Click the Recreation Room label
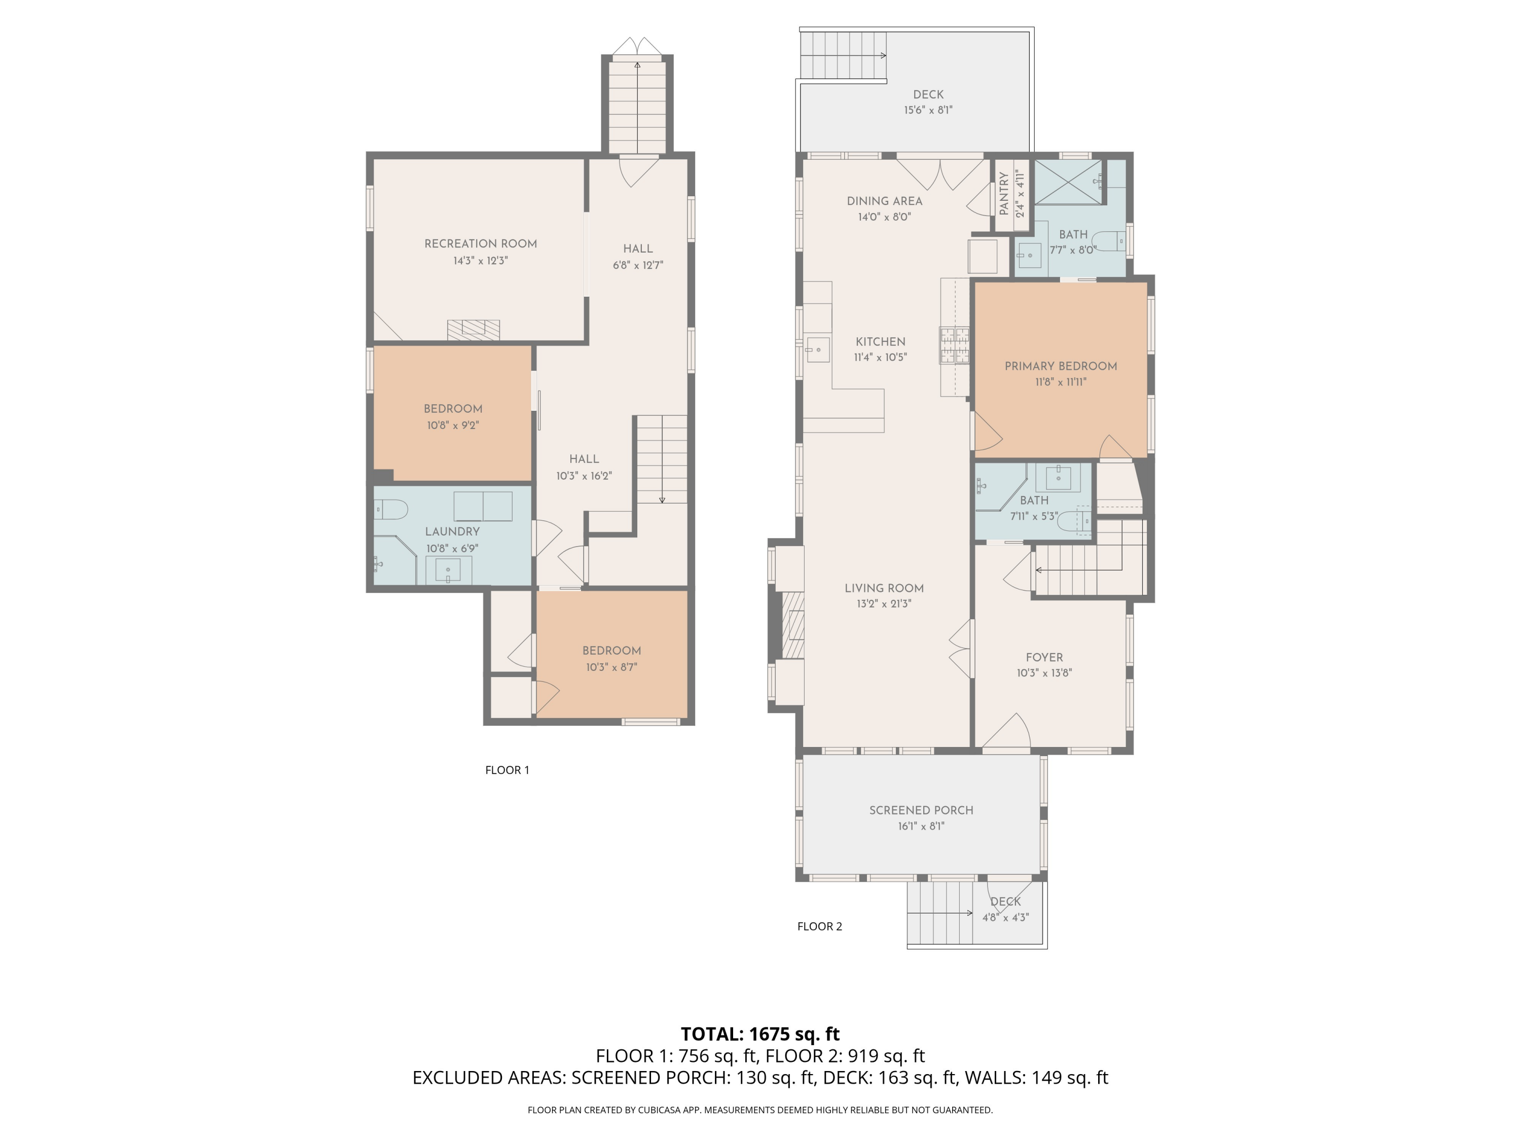pyautogui.click(x=480, y=243)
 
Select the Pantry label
pyautogui.click(x=1003, y=193)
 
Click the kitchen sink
pyautogui.click(x=818, y=350)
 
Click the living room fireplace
pyautogui.click(x=793, y=624)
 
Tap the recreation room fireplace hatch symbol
pyautogui.click(x=473, y=330)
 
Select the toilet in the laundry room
pyautogui.click(x=390, y=510)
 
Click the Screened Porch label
pyautogui.click(x=921, y=810)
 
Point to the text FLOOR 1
pyautogui.click(x=507, y=770)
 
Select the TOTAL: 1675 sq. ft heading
pyautogui.click(x=760, y=1033)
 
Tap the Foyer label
pyautogui.click(x=1044, y=658)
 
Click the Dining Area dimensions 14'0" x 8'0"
pyautogui.click(x=884, y=217)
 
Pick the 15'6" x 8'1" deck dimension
pyautogui.click(x=928, y=110)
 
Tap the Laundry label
pyautogui.click(x=452, y=531)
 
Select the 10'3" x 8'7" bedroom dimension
pyautogui.click(x=611, y=667)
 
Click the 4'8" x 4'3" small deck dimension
pyautogui.click(x=1005, y=917)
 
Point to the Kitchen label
pyautogui.click(x=880, y=342)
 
